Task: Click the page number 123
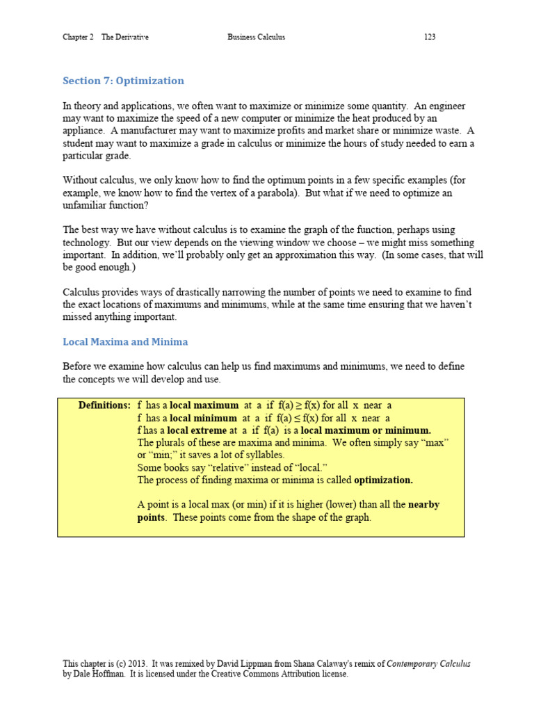click(430, 37)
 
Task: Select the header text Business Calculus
click(256, 37)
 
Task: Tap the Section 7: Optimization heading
click(123, 81)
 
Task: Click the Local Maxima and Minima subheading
click(125, 342)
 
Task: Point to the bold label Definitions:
click(104, 405)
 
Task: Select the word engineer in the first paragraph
click(444, 106)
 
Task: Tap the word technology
click(88, 243)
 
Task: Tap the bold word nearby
click(423, 505)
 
